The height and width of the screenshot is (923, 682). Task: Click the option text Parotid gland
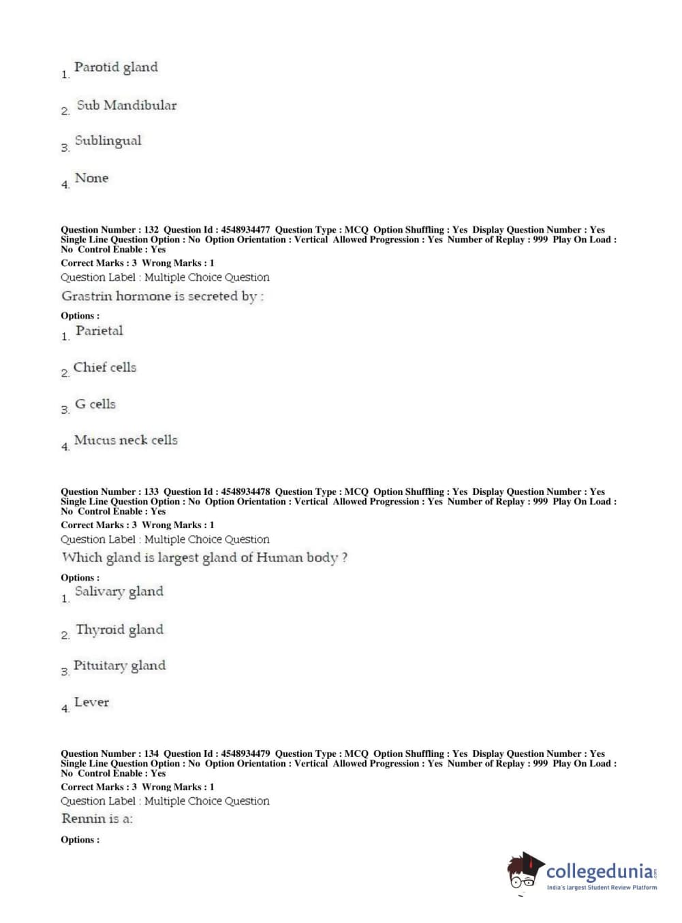[x=116, y=67]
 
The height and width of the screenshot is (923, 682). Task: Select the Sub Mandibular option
[x=126, y=106]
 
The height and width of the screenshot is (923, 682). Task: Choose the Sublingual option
[x=108, y=141]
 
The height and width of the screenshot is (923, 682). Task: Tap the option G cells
[x=95, y=404]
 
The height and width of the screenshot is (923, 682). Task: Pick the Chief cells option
[x=104, y=368]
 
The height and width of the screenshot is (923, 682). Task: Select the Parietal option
[x=99, y=331]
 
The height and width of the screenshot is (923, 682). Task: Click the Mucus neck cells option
[x=125, y=440]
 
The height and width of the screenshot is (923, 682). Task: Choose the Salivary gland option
[x=119, y=592]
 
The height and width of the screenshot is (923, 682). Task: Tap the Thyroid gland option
[x=119, y=630]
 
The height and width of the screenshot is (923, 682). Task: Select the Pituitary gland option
[x=119, y=666]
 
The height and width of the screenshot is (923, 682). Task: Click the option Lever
[x=91, y=702]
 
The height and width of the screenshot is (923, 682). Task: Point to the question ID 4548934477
[x=245, y=230]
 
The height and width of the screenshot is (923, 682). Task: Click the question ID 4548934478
[x=245, y=492]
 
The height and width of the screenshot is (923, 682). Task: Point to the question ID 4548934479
[x=245, y=754]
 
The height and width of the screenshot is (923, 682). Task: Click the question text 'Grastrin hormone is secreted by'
[x=162, y=297]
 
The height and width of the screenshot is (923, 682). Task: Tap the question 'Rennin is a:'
[x=97, y=819]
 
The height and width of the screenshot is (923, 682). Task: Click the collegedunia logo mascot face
[x=523, y=872]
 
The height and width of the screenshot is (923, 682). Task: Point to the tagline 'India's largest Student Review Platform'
[x=602, y=888]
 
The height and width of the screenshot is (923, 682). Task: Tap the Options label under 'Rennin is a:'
[x=80, y=840]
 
